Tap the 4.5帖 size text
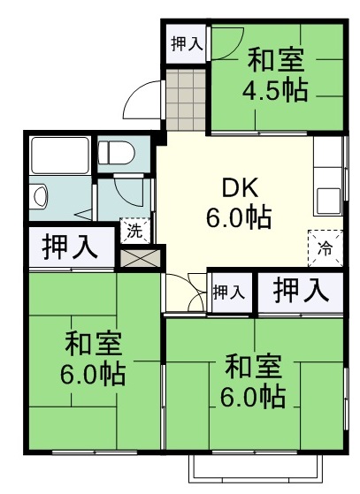(276, 91)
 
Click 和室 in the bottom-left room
(92, 343)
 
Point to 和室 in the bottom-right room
(254, 365)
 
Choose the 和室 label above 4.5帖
(276, 60)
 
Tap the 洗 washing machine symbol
(133, 232)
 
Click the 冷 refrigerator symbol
(323, 245)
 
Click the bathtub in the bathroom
(58, 156)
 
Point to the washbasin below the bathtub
(39, 195)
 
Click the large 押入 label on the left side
(70, 247)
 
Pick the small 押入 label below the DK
(229, 292)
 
